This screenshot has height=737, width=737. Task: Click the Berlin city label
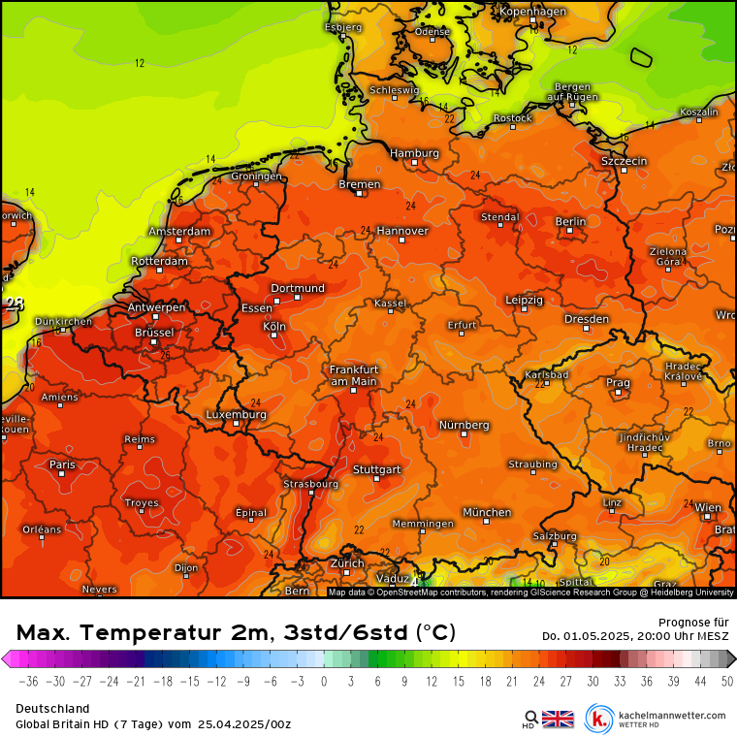click(x=570, y=221)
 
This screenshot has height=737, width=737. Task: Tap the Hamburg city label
click(x=414, y=153)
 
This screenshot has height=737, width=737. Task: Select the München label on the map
click(x=487, y=512)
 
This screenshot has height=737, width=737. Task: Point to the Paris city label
click(x=62, y=465)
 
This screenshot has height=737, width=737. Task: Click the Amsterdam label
click(x=179, y=232)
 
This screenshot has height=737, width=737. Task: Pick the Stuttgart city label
click(x=377, y=469)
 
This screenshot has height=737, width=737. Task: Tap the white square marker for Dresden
click(x=586, y=329)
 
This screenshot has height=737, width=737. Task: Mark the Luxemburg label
click(x=236, y=414)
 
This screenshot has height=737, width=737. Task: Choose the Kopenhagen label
click(x=532, y=12)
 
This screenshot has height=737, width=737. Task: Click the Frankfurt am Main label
click(x=353, y=375)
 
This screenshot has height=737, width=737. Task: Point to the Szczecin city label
click(x=624, y=160)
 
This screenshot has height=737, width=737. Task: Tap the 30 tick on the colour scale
click(x=592, y=682)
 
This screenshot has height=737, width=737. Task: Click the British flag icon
click(x=558, y=719)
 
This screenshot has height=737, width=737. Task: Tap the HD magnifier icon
click(x=529, y=719)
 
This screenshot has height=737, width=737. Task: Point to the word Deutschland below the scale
click(x=52, y=709)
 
